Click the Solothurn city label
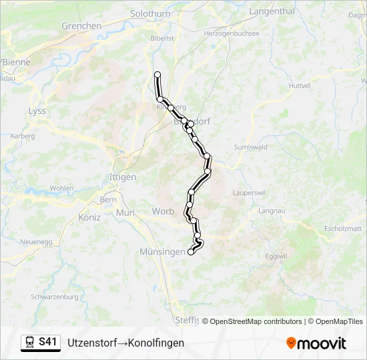point(150,13)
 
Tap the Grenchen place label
point(81,26)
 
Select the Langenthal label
point(271,11)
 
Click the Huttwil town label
point(300,86)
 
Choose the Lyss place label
point(37,111)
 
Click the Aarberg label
point(23,136)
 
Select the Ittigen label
point(122,177)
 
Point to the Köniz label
point(89,217)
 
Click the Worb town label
point(163,211)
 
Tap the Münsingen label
point(161,251)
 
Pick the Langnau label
point(271,211)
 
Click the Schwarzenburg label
point(54,297)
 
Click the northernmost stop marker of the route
point(157,74)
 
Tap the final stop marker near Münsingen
point(192,252)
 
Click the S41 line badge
point(41,342)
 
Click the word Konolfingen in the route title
point(155,343)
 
